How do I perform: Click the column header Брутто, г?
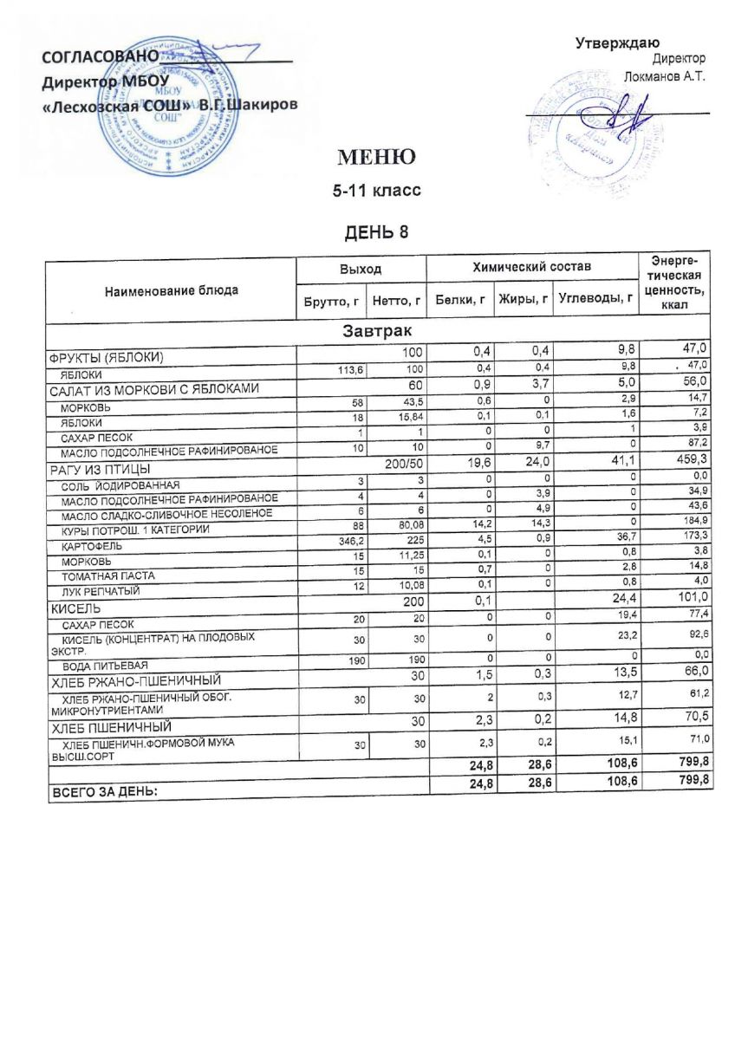click(x=329, y=301)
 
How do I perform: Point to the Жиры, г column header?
click(x=524, y=301)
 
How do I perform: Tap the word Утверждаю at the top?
click(x=618, y=43)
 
